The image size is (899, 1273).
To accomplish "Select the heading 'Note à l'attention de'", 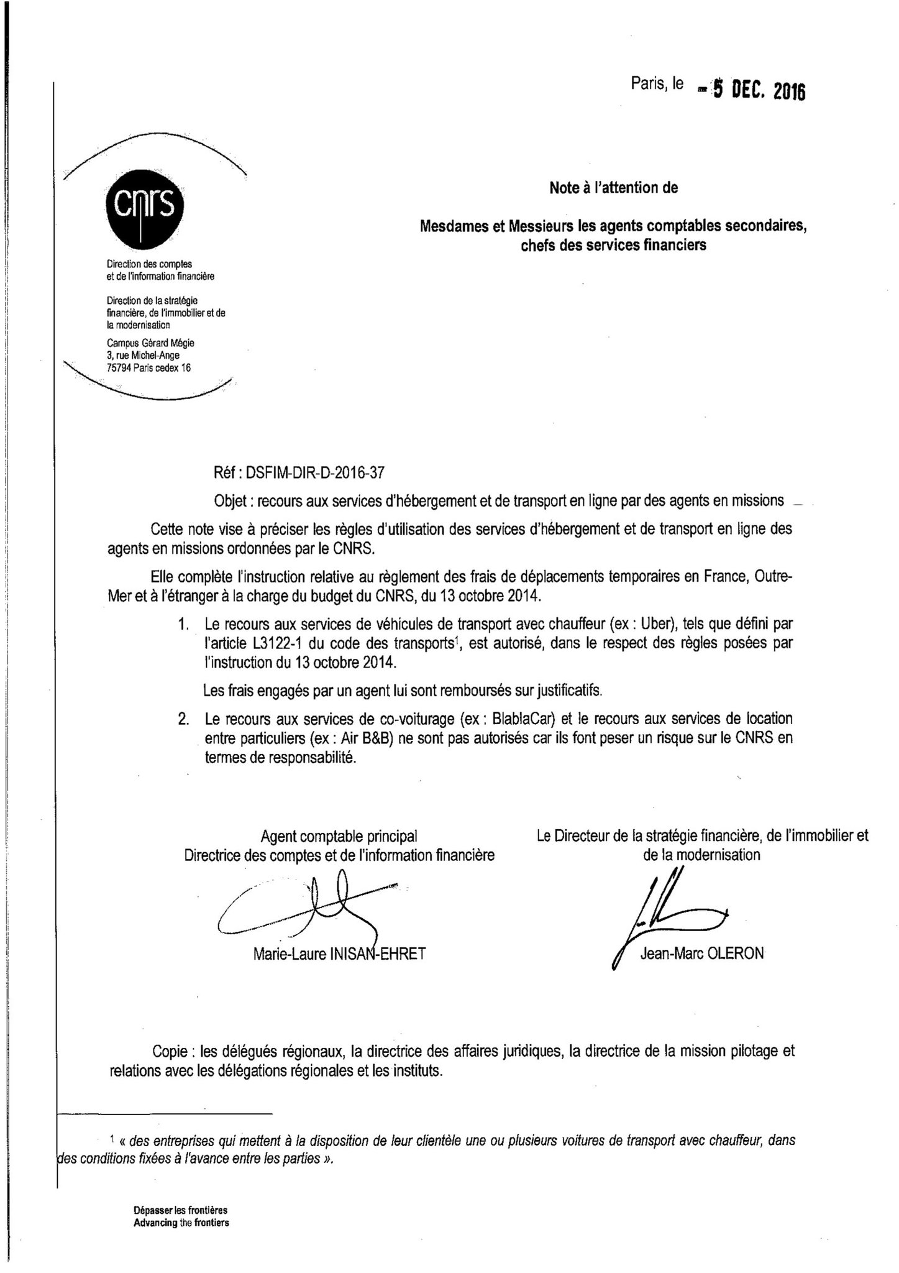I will click(613, 188).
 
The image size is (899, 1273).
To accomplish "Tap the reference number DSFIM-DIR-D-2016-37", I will click(315, 472).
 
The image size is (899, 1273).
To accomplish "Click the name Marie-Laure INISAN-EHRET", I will click(339, 954).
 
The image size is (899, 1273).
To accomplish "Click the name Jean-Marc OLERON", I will click(701, 954).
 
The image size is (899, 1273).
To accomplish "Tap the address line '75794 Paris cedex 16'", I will click(149, 368).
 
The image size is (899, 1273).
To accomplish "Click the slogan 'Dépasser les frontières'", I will click(180, 1211).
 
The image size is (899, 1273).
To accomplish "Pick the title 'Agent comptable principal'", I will click(339, 836).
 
